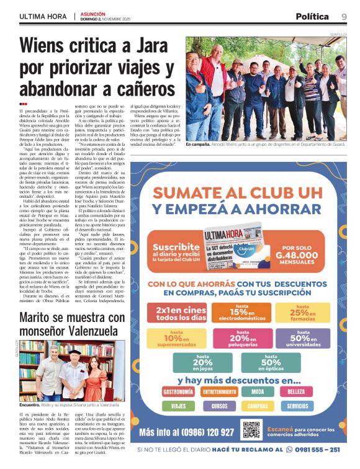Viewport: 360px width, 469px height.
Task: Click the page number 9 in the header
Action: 343,17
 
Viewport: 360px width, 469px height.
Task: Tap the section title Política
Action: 312,17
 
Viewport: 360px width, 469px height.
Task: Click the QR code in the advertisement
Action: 251,429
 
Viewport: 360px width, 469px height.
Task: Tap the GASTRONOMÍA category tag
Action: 178,392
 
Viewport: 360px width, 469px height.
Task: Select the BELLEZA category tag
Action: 297,392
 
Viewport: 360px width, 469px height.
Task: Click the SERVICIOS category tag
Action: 297,406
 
